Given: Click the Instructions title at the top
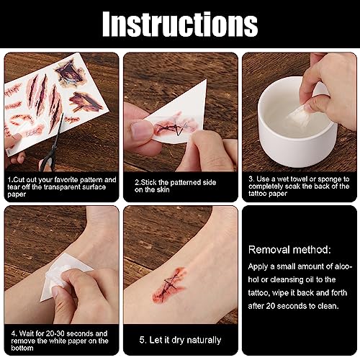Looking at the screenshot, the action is [180, 24].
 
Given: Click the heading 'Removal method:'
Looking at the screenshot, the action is [289, 250].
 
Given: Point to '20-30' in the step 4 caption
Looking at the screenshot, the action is [55, 333].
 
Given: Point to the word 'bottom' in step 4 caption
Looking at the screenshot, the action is [22, 348].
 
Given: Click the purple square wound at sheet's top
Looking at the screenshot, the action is [71, 73].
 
